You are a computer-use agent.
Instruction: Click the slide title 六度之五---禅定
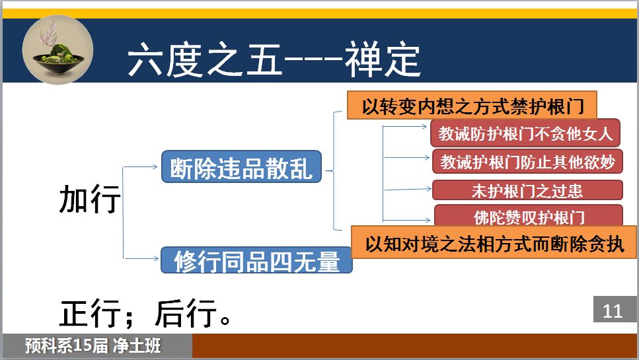(x=274, y=60)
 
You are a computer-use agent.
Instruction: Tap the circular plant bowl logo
(x=57, y=50)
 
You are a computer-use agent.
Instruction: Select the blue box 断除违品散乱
(x=241, y=166)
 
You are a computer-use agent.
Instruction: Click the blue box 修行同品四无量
(x=256, y=260)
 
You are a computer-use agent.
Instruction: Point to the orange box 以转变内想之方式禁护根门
(x=472, y=106)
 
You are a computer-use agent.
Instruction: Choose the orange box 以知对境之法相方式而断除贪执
(x=494, y=242)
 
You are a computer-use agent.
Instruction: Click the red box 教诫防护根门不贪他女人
(x=525, y=133)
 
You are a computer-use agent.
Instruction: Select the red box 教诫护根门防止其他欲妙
(x=527, y=161)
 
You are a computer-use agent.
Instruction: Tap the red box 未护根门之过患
(x=527, y=190)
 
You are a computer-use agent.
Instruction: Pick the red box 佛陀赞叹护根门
(x=529, y=216)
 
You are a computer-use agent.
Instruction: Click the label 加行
(x=90, y=198)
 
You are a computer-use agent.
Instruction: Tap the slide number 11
(x=612, y=311)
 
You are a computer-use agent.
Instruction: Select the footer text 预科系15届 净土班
(x=93, y=345)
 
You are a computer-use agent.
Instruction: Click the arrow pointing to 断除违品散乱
(x=140, y=166)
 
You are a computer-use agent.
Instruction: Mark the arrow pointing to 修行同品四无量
(x=141, y=258)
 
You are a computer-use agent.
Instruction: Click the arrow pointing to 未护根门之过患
(x=407, y=189)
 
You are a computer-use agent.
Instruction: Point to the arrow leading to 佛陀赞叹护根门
(x=406, y=221)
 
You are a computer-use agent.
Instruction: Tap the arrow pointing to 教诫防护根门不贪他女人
(x=404, y=127)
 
